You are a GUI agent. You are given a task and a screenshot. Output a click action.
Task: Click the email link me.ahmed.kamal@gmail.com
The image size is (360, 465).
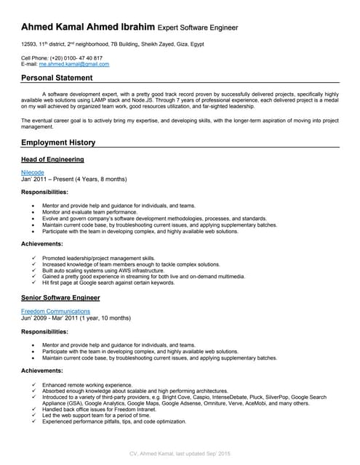point(74,64)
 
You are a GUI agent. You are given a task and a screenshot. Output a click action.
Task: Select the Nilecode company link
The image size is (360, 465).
point(34,172)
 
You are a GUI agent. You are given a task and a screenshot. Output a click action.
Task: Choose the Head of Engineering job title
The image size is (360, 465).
point(52,159)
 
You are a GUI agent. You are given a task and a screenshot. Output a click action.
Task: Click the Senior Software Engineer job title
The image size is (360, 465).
point(60,298)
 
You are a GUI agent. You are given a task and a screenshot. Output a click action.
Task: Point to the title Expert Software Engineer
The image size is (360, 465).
point(198,27)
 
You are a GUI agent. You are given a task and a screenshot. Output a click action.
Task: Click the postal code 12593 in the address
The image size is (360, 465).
point(30,44)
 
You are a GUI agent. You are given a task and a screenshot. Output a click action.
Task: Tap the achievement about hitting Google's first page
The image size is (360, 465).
point(108,282)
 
